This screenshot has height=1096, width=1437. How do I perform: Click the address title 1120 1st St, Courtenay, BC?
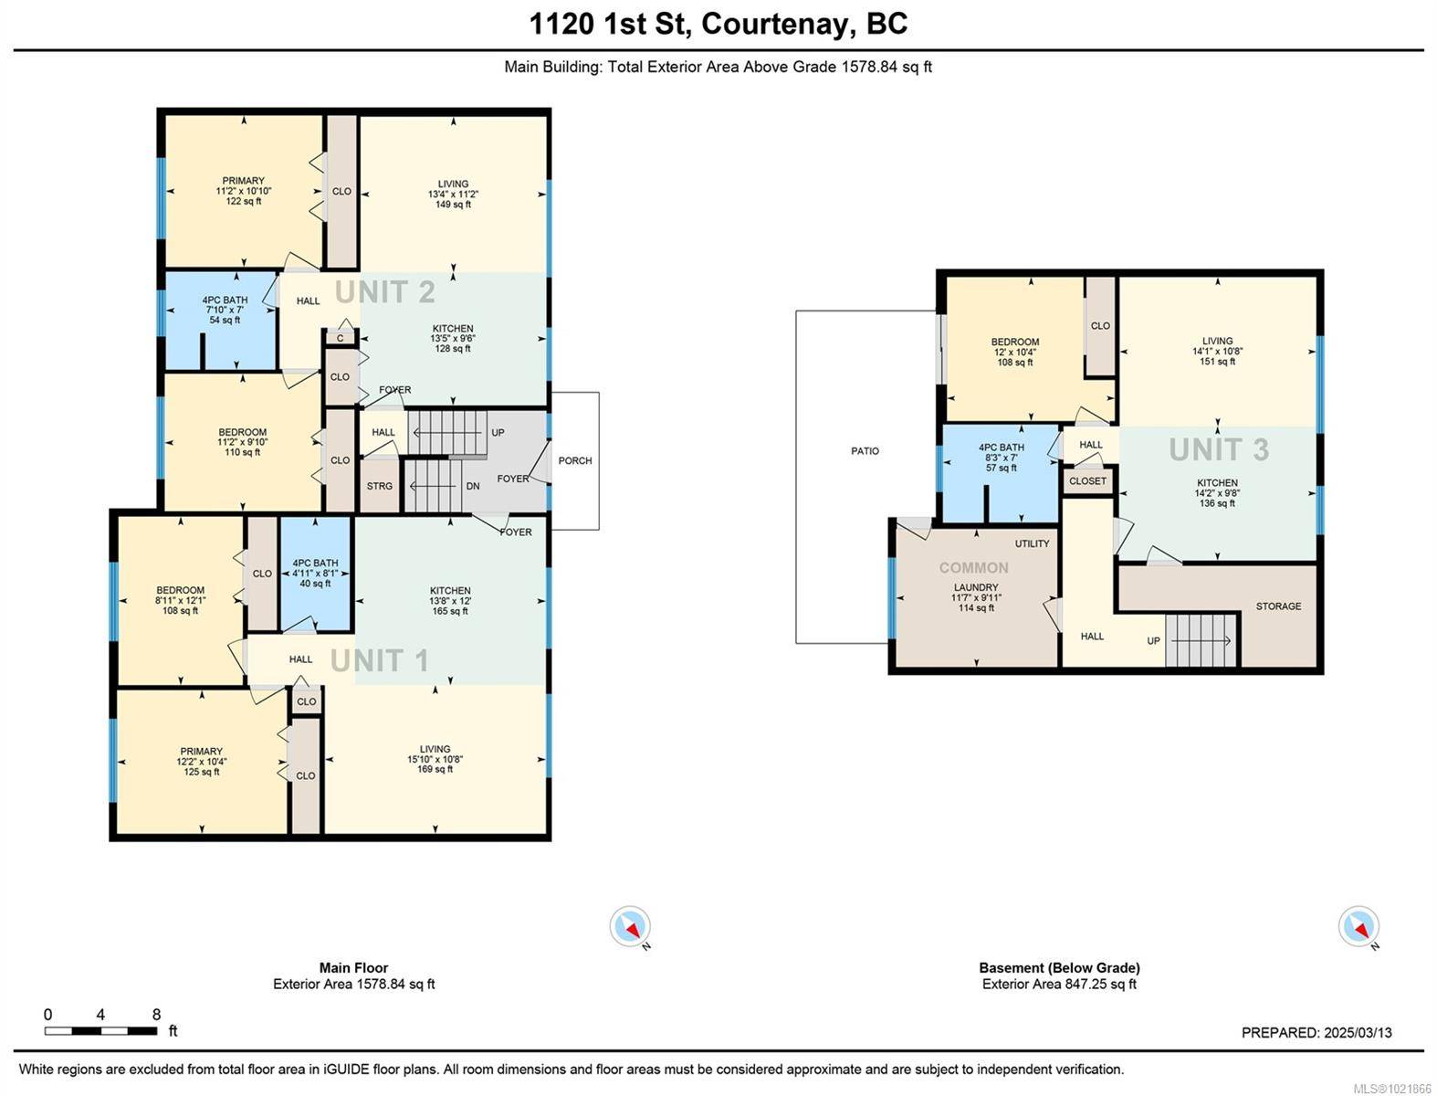point(718,23)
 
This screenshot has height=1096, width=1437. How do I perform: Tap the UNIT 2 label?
point(384,292)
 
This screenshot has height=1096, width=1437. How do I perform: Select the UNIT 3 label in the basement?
point(1219,449)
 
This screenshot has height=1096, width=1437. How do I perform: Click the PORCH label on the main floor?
point(575,460)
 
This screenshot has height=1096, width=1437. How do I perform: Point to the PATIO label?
point(865,451)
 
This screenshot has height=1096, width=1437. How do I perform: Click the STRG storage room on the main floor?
point(380,486)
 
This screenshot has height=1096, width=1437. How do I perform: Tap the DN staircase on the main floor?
point(435,486)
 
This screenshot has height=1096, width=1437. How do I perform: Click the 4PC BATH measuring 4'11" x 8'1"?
point(315,574)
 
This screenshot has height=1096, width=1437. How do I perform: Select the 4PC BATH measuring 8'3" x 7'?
point(1001,458)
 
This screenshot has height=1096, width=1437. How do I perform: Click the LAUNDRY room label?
point(976,588)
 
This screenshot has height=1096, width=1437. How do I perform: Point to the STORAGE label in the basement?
point(1278,606)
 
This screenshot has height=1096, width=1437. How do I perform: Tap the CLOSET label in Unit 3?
point(1087,480)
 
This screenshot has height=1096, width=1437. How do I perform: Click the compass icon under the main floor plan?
point(630,926)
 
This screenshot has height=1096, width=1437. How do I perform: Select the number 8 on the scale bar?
point(156,1014)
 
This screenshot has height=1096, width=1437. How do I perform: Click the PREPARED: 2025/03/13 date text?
point(1316,1033)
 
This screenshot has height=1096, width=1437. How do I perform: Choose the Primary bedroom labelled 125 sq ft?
point(201,762)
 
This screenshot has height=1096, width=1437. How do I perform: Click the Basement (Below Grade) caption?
point(1059,968)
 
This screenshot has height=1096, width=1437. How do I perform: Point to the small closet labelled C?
point(340,338)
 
